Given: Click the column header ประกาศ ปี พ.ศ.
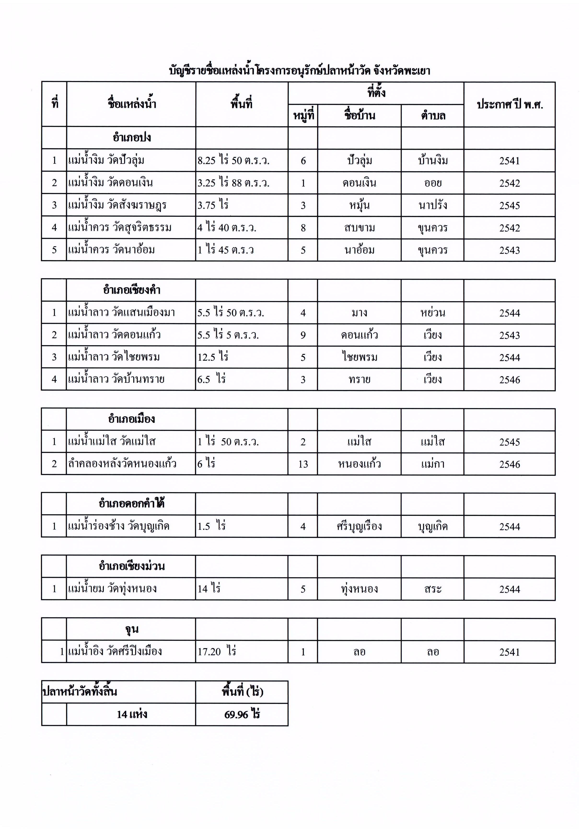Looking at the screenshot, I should tap(510, 105).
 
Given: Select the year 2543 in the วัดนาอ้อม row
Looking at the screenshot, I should tap(510, 250).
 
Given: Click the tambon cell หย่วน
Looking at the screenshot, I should tap(433, 313).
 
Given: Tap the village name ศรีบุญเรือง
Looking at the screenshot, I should tap(359, 526).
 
